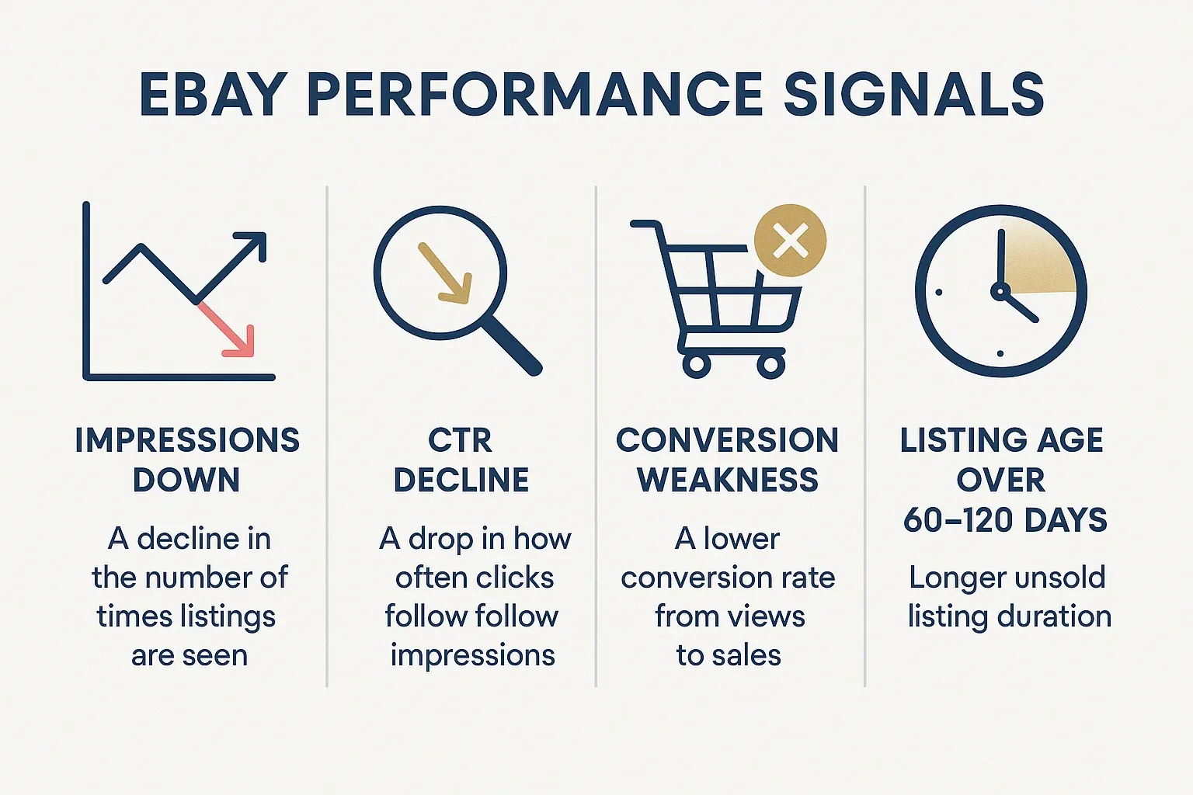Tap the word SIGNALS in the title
pyautogui.click(x=913, y=95)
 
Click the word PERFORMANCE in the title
pyautogui.click(x=536, y=95)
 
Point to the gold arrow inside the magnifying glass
pyautogui.click(x=445, y=273)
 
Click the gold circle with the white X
pyautogui.click(x=790, y=241)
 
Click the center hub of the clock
pyautogui.click(x=1000, y=291)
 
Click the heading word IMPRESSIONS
pyautogui.click(x=187, y=440)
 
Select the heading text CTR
pyautogui.click(x=460, y=440)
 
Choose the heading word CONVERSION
pyautogui.click(x=727, y=440)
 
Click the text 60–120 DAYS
pyautogui.click(x=1005, y=520)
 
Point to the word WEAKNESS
pyautogui.click(x=728, y=481)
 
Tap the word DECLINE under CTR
pyautogui.click(x=461, y=481)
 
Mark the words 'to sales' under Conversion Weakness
pyautogui.click(x=729, y=655)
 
